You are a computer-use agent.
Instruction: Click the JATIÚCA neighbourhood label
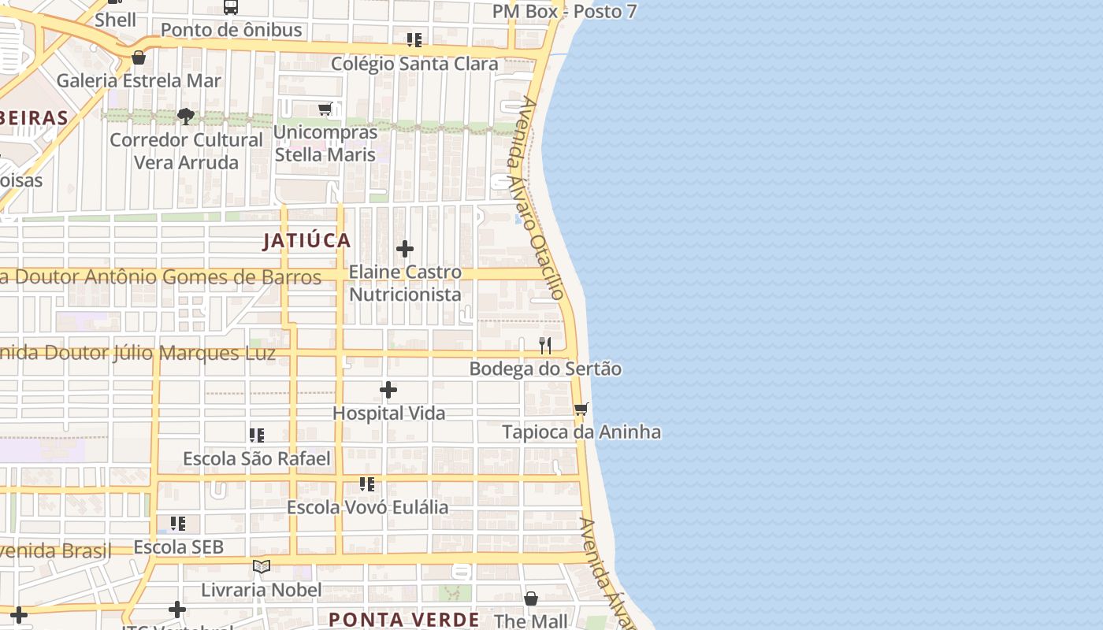pyautogui.click(x=306, y=240)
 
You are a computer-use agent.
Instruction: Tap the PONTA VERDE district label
pyautogui.click(x=403, y=619)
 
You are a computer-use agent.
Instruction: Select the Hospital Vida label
pyautogui.click(x=388, y=413)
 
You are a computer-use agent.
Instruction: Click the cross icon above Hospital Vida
pyautogui.click(x=388, y=390)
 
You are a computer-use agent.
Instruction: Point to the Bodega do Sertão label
pyautogui.click(x=545, y=369)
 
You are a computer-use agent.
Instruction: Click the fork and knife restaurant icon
pyautogui.click(x=544, y=345)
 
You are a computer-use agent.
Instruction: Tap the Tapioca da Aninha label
pyautogui.click(x=581, y=432)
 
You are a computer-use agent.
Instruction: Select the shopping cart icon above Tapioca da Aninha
pyautogui.click(x=581, y=409)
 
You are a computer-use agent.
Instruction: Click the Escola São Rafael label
pyautogui.click(x=257, y=458)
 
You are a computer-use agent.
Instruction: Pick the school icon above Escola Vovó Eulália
pyautogui.click(x=367, y=484)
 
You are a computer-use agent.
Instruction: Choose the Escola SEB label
pyautogui.click(x=179, y=547)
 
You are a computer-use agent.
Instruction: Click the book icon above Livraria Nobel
pyautogui.click(x=262, y=566)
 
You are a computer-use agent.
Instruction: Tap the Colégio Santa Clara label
pyautogui.click(x=414, y=64)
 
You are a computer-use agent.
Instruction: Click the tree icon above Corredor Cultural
pyautogui.click(x=186, y=117)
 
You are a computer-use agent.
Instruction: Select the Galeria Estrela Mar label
pyautogui.click(x=139, y=80)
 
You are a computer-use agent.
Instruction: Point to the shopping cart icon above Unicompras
pyautogui.click(x=325, y=109)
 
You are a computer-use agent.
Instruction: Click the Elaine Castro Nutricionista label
pyautogui.click(x=405, y=283)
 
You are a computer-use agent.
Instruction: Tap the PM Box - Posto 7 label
pyautogui.click(x=564, y=11)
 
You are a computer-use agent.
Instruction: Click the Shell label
pyautogui.click(x=115, y=20)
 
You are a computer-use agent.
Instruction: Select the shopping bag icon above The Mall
pyautogui.click(x=531, y=598)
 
